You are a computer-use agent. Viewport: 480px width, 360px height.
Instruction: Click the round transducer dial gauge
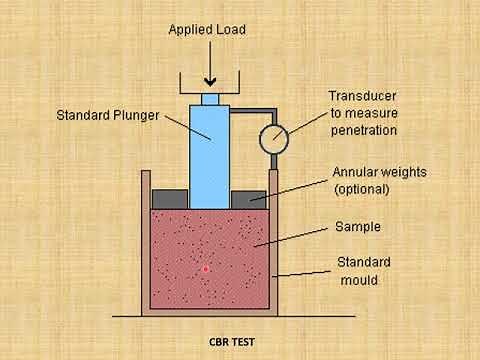271,139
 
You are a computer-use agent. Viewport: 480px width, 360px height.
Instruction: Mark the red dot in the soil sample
206,269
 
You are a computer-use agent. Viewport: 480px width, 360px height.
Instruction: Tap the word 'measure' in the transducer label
374,113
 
